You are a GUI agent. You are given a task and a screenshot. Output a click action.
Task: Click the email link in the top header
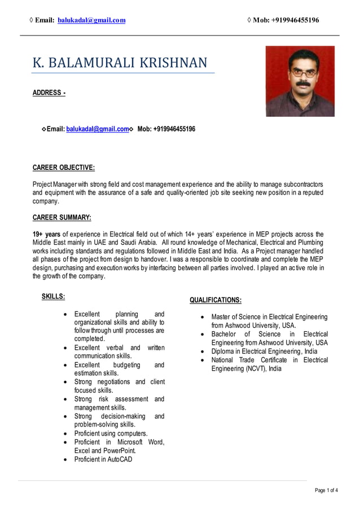tap(92, 20)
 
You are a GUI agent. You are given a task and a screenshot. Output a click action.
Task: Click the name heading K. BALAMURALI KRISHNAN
tap(120, 62)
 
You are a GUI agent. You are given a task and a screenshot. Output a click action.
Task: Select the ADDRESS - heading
tap(49, 93)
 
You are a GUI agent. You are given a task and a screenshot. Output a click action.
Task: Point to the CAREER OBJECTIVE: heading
tap(63, 168)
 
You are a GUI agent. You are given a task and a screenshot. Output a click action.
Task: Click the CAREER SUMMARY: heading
tap(62, 217)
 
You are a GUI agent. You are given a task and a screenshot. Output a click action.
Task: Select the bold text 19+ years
tap(46, 234)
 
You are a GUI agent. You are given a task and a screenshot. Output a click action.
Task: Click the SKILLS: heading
tap(54, 296)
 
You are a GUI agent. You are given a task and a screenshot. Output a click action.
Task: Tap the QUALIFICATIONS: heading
tap(216, 300)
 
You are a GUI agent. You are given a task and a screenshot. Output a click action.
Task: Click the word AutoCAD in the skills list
tap(120, 459)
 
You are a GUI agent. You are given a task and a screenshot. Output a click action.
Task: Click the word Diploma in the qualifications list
tap(223, 351)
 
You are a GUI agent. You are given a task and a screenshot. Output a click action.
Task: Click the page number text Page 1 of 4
tap(326, 490)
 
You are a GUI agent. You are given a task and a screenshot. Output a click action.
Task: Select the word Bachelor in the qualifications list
tap(224, 334)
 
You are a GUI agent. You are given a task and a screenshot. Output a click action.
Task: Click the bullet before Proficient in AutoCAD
tap(67, 459)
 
